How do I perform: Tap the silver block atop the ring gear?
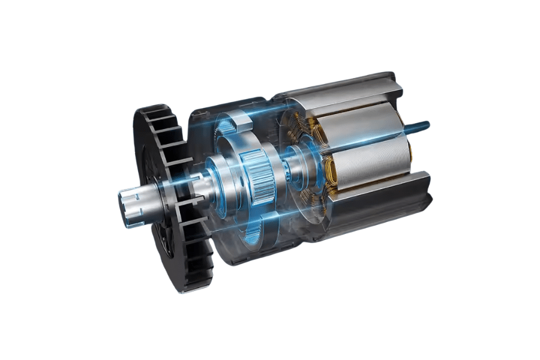coord(243,120)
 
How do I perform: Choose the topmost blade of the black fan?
coord(147,111)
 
